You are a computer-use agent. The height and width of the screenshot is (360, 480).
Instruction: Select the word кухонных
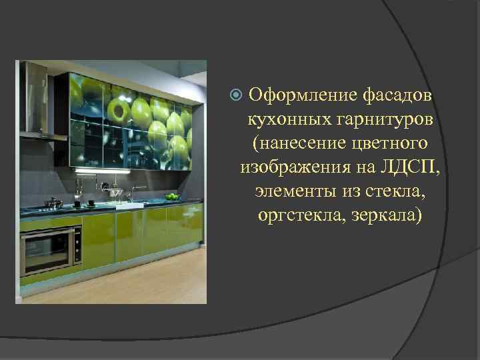(285, 119)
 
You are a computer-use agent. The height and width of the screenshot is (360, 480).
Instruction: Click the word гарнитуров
(379, 119)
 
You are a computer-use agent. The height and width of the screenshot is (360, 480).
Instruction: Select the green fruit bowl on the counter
(172, 197)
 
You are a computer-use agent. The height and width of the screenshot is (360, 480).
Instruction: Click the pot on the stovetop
(52, 203)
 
